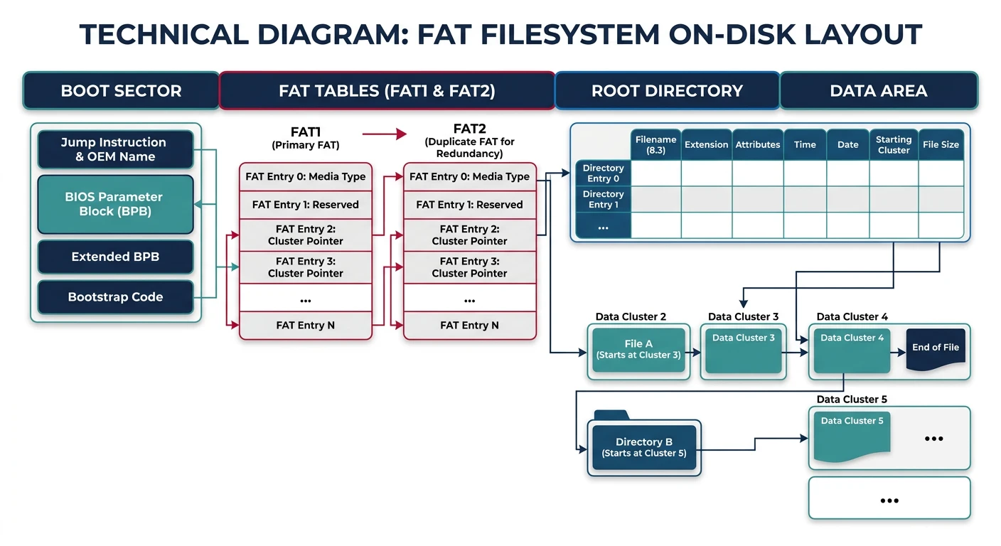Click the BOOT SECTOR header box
[121, 90]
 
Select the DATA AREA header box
[878, 90]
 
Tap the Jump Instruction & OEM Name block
[115, 149]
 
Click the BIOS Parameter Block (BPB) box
[115, 204]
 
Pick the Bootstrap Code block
[115, 297]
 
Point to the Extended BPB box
[115, 257]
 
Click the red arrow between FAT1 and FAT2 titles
[384, 134]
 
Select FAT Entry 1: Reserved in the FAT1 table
[306, 205]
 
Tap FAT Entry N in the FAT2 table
[469, 325]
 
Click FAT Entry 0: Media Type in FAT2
[469, 176]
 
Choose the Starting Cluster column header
[894, 144]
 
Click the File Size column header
[941, 144]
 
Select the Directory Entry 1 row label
[603, 199]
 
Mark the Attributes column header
[758, 144]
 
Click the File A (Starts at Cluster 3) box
[638, 349]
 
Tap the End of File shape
[936, 347]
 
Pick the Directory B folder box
[643, 446]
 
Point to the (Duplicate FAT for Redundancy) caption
[469, 147]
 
